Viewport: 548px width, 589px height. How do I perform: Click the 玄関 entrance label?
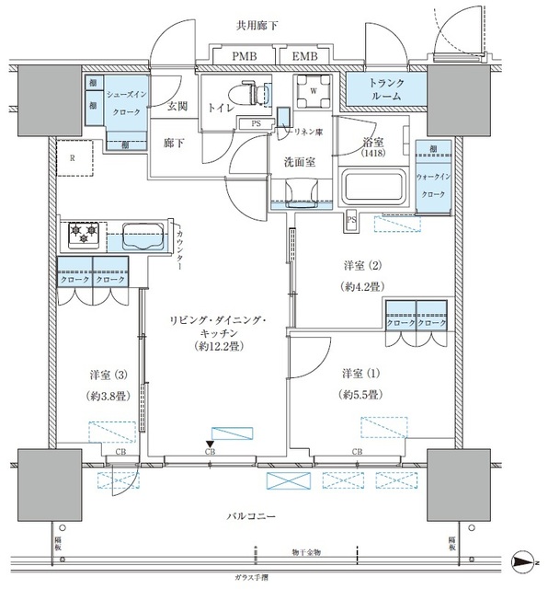coord(177,107)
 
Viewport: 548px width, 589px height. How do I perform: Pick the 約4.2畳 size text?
coord(358,285)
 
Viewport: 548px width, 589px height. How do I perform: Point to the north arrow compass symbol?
coord(524,560)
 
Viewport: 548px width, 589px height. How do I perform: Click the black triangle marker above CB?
coord(210,445)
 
